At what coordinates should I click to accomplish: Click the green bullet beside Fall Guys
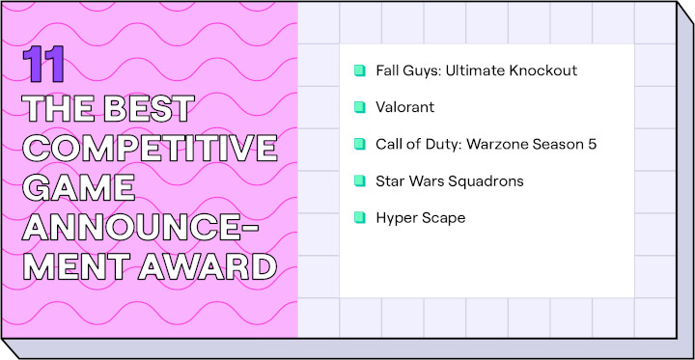(359, 70)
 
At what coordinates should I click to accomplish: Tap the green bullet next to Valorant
(359, 107)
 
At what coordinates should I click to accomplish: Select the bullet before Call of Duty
(359, 144)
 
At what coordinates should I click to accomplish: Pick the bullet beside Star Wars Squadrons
(359, 180)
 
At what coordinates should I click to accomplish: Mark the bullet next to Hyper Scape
(359, 217)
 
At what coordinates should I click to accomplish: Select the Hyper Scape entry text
(421, 218)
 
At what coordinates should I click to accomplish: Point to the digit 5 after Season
(593, 144)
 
